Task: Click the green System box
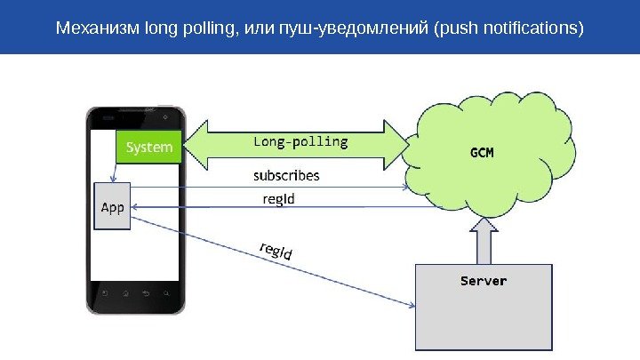[x=148, y=147]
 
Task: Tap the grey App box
[x=113, y=206]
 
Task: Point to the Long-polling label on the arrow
[x=301, y=141]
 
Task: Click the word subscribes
[x=286, y=176]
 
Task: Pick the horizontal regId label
[x=279, y=199]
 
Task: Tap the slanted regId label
[x=276, y=252]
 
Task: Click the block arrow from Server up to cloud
[x=484, y=239]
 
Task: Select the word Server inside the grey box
[x=483, y=281]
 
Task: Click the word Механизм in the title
[x=92, y=28]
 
